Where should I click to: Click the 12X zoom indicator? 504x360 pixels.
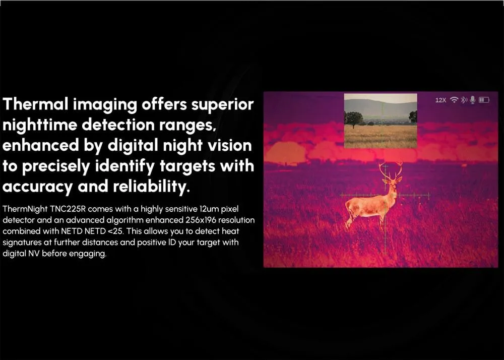pos(440,100)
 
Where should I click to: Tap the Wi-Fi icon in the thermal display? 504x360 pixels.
pos(454,100)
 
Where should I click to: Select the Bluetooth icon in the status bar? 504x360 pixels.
pos(464,100)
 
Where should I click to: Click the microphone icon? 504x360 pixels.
pos(472,100)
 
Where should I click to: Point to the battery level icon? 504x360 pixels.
pos(484,100)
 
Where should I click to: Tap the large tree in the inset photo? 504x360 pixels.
pos(354,119)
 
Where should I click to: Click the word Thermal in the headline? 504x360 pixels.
pos(35,104)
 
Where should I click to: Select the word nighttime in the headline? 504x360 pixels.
pos(39,125)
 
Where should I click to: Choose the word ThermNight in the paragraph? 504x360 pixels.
pos(25,209)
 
